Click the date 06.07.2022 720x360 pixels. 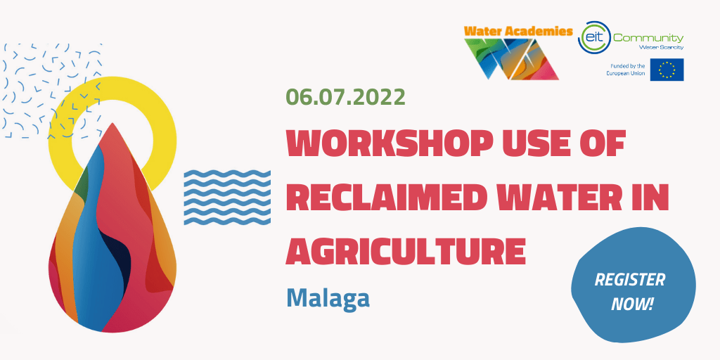point(345,97)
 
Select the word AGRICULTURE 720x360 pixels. point(406,250)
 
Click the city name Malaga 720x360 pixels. point(328,298)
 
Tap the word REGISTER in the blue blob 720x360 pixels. point(629,280)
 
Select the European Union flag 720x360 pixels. point(667,70)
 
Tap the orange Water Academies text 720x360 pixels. point(518,31)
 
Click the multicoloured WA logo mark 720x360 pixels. point(512,59)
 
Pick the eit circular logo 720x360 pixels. point(593,37)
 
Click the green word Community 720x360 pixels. point(648,38)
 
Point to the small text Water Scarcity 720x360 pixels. point(661,47)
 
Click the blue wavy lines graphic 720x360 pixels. point(227,198)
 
